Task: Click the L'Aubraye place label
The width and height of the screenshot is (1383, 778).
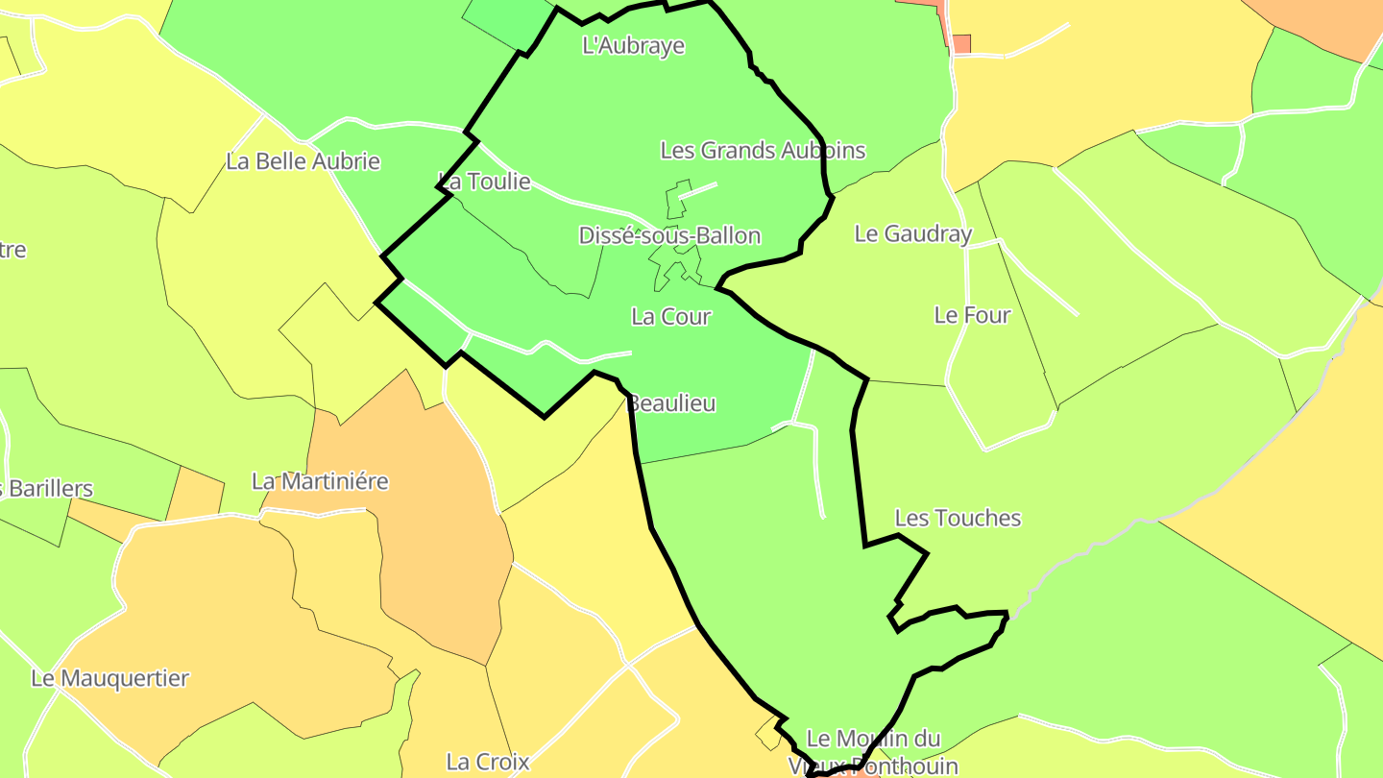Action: [x=633, y=45]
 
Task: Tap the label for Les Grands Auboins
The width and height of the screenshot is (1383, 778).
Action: [x=763, y=150]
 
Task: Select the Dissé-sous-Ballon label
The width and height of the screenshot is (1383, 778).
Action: [x=669, y=235]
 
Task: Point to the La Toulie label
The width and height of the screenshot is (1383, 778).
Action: [x=484, y=181]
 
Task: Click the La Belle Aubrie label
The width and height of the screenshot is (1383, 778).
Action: [x=303, y=161]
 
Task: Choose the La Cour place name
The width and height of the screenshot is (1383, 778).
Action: [x=670, y=316]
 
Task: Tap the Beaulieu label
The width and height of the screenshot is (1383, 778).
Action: [x=671, y=403]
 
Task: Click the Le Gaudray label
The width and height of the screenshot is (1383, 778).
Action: [x=912, y=233]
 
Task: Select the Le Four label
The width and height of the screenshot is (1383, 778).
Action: [x=972, y=315]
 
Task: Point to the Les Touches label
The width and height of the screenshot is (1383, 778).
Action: [x=957, y=518]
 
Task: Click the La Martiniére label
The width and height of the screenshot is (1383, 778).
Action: [x=320, y=480]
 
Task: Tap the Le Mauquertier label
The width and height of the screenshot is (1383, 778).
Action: [x=109, y=678]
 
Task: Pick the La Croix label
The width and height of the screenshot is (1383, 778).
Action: [x=488, y=762]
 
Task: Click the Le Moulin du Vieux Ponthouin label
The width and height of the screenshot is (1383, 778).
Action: [x=872, y=751]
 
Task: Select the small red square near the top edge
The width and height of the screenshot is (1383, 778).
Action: [x=961, y=44]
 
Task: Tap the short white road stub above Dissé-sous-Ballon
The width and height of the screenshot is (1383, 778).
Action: [x=698, y=190]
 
